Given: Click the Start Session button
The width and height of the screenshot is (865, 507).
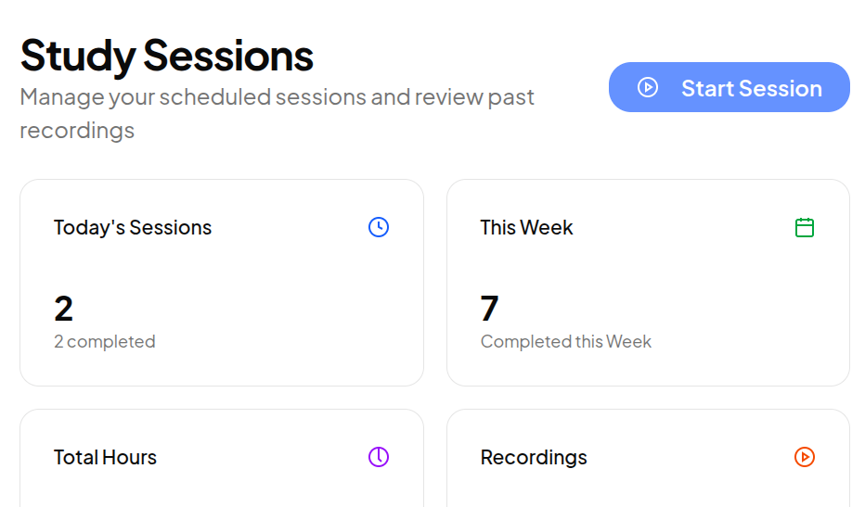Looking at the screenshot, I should tap(729, 87).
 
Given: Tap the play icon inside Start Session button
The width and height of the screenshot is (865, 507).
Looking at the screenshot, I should tap(648, 87).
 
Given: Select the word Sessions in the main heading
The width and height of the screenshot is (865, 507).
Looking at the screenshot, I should tap(228, 56).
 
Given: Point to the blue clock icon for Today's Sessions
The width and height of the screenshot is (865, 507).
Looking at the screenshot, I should tap(379, 227).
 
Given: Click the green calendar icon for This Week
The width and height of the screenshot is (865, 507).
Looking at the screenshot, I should tap(805, 227).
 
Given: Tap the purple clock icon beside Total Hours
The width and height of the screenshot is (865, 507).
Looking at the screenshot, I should tap(379, 457).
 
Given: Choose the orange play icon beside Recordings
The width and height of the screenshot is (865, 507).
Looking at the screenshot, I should tap(805, 457).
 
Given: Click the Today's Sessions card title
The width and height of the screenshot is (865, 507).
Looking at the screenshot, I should tap(133, 228).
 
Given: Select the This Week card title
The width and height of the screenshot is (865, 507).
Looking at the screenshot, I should tap(526, 228).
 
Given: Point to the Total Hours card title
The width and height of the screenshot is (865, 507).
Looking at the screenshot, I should tap(105, 458).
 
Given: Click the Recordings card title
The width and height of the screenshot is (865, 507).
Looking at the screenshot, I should tap(534, 458).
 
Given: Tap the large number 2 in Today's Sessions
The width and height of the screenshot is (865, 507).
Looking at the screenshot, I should tap(63, 308).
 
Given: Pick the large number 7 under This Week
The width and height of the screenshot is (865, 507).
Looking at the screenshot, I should tap(490, 308).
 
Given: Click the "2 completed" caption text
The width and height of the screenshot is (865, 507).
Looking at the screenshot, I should tap(105, 342).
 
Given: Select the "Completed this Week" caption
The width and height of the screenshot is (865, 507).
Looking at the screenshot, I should tap(566, 342).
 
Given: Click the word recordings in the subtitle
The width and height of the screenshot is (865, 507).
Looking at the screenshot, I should tap(77, 131).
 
